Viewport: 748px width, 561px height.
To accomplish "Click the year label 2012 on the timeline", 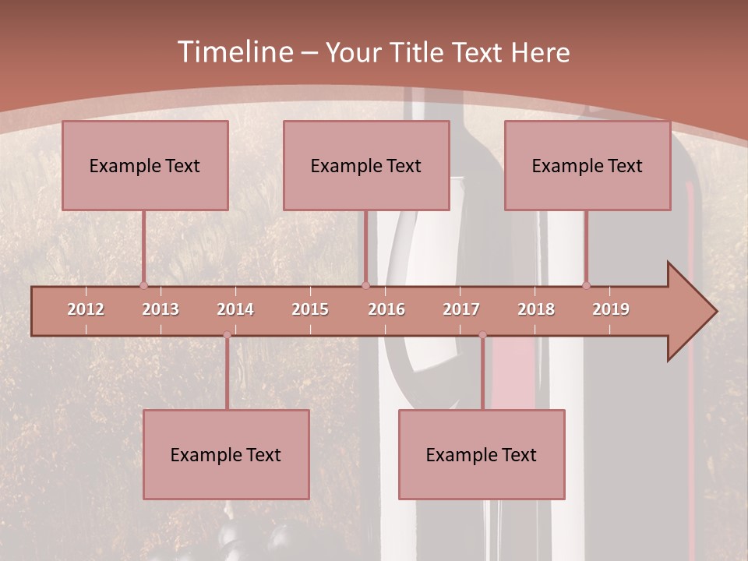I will [x=86, y=309].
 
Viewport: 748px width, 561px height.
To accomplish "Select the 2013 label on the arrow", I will [x=161, y=309].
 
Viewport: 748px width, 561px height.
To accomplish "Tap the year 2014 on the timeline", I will [x=235, y=309].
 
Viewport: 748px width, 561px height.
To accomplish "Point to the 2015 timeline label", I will [x=310, y=309].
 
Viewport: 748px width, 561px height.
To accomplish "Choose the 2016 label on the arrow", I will [x=386, y=309].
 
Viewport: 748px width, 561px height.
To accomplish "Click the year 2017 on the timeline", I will [x=461, y=309].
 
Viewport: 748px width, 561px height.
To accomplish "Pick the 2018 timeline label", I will [x=536, y=309].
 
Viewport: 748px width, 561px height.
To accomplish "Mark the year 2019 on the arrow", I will [x=611, y=309].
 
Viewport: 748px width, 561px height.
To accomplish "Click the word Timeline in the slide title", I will [x=234, y=52].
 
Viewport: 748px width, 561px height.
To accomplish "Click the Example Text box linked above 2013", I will [x=145, y=165].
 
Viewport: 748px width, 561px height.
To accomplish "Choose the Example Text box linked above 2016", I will [x=366, y=165].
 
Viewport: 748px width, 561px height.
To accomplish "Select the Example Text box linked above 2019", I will [x=587, y=165].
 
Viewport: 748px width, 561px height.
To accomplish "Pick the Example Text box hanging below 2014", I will [x=226, y=454].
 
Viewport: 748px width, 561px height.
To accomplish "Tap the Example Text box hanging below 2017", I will [x=482, y=454].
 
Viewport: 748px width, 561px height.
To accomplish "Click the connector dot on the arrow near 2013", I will [x=143, y=285].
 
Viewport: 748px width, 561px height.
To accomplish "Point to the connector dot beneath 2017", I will [x=482, y=335].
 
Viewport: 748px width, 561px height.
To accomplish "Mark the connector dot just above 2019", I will [x=586, y=285].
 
